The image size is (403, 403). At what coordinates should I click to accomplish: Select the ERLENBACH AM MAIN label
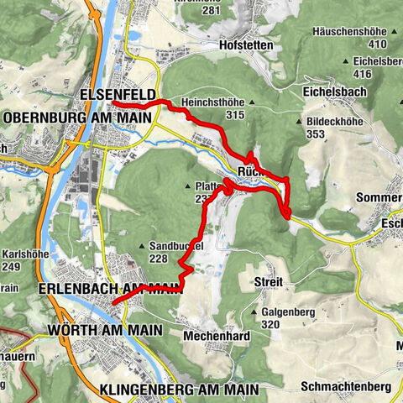(x=109, y=288)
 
